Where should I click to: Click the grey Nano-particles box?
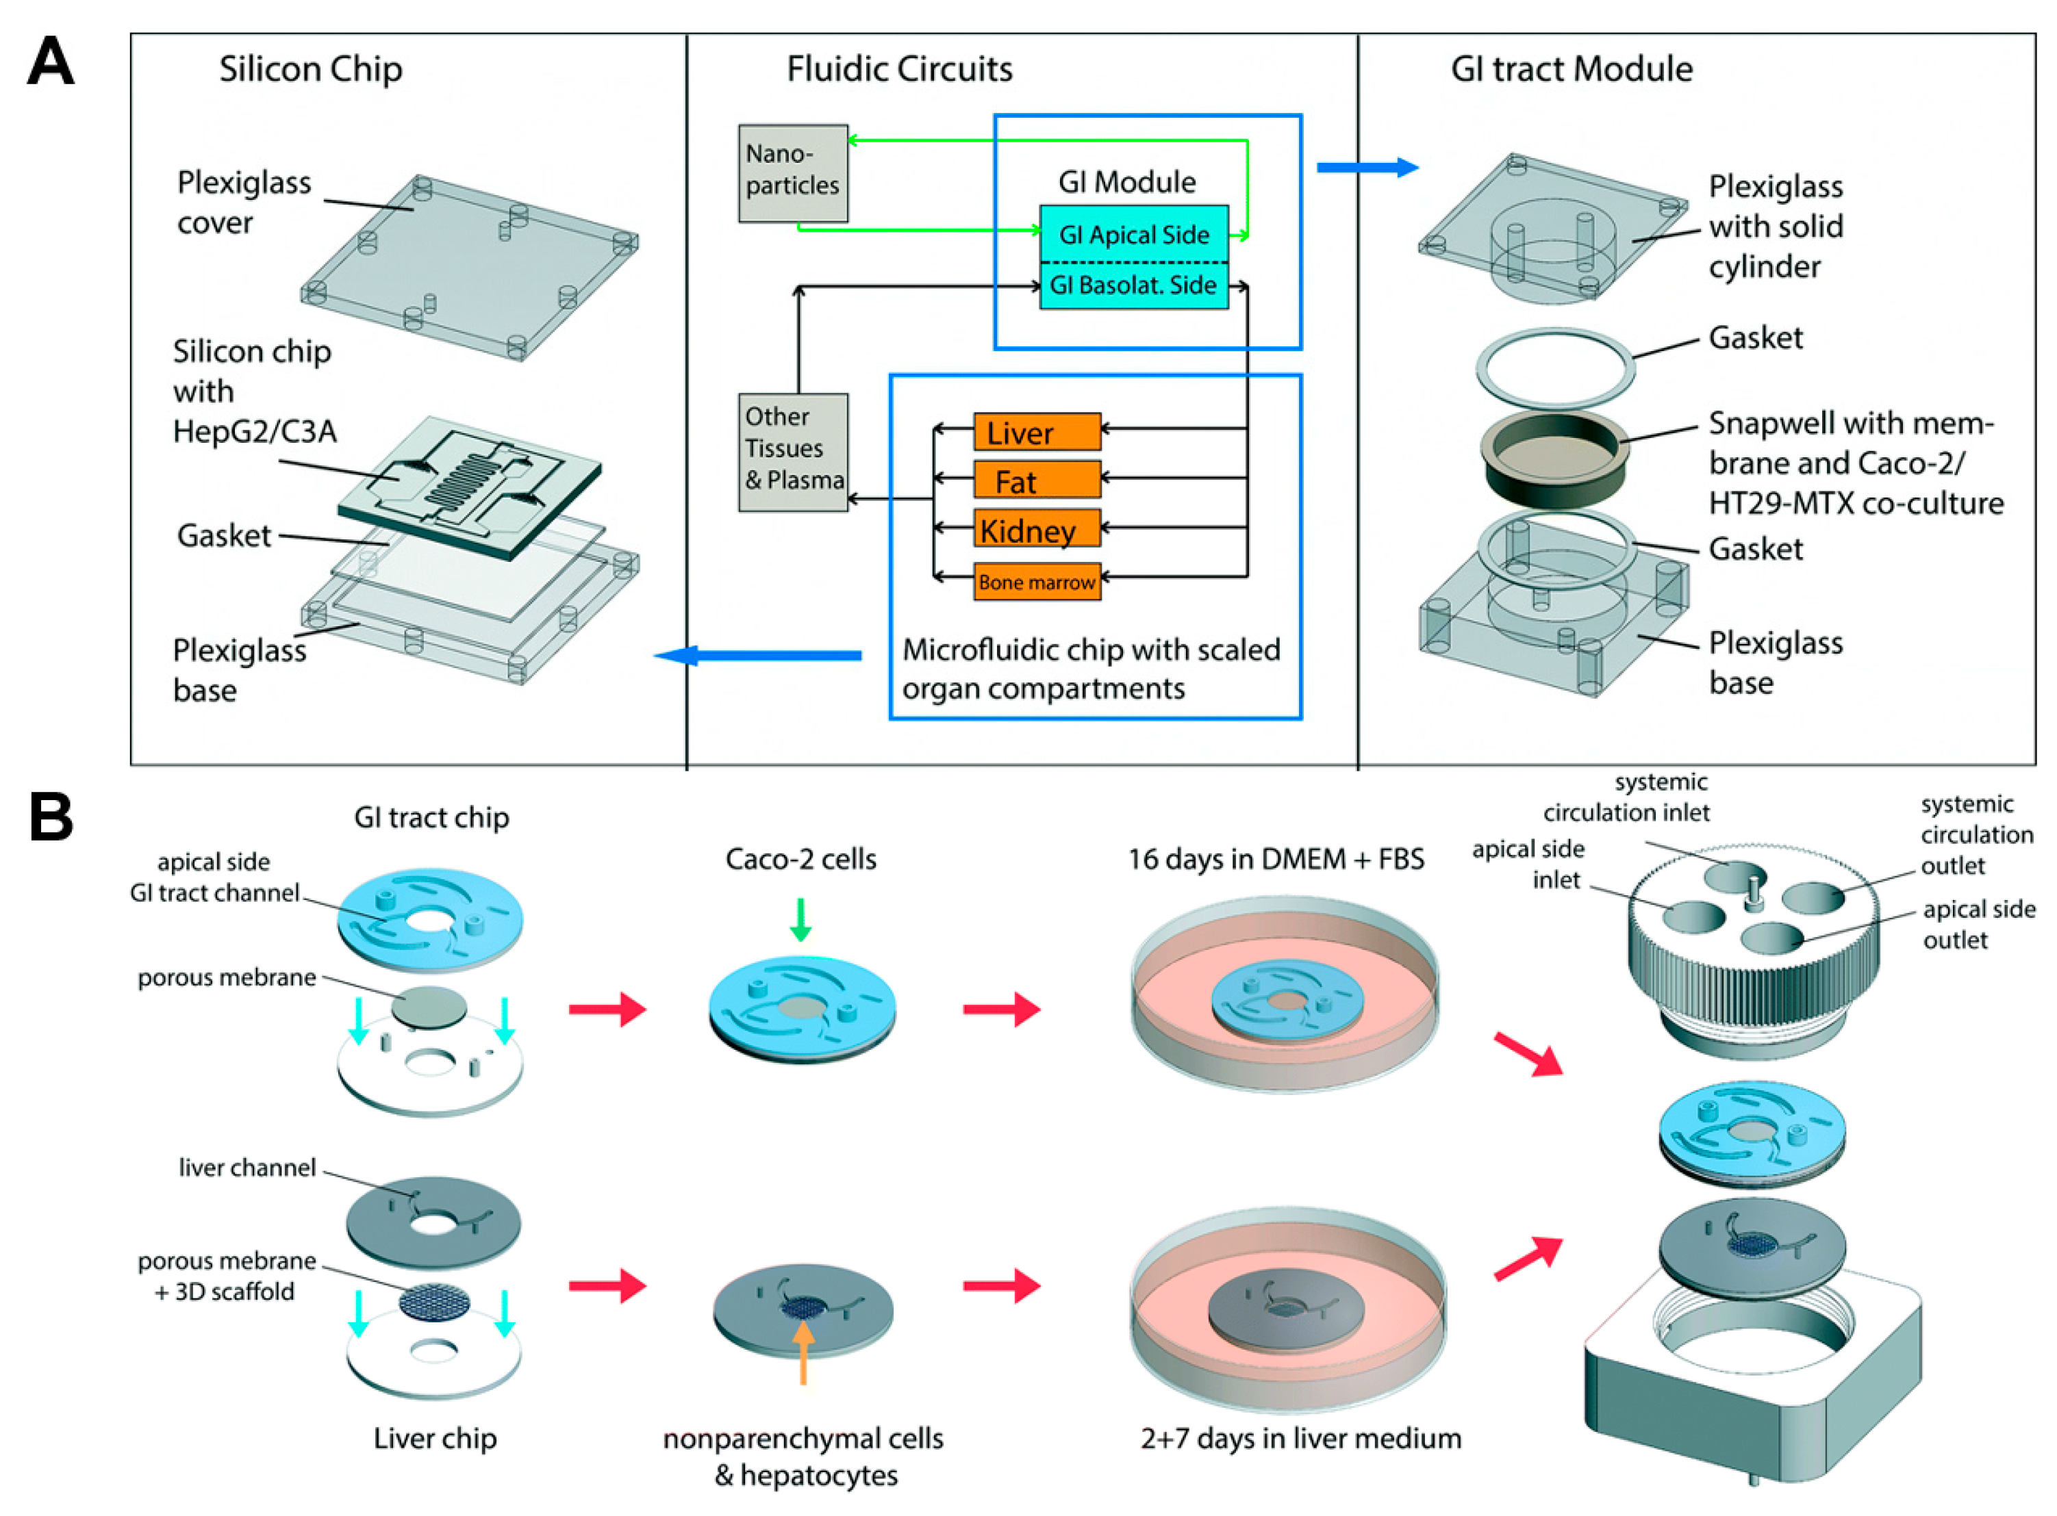(x=792, y=172)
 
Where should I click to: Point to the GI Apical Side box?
(x=1133, y=234)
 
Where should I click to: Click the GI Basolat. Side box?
(x=1133, y=285)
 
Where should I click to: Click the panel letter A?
(x=51, y=62)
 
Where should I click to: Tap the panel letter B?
(x=51, y=816)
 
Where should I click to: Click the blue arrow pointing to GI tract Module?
(x=1366, y=167)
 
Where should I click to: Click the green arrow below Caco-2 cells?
(x=800, y=918)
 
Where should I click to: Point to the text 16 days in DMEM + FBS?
(x=1275, y=859)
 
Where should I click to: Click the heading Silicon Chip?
(x=310, y=69)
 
